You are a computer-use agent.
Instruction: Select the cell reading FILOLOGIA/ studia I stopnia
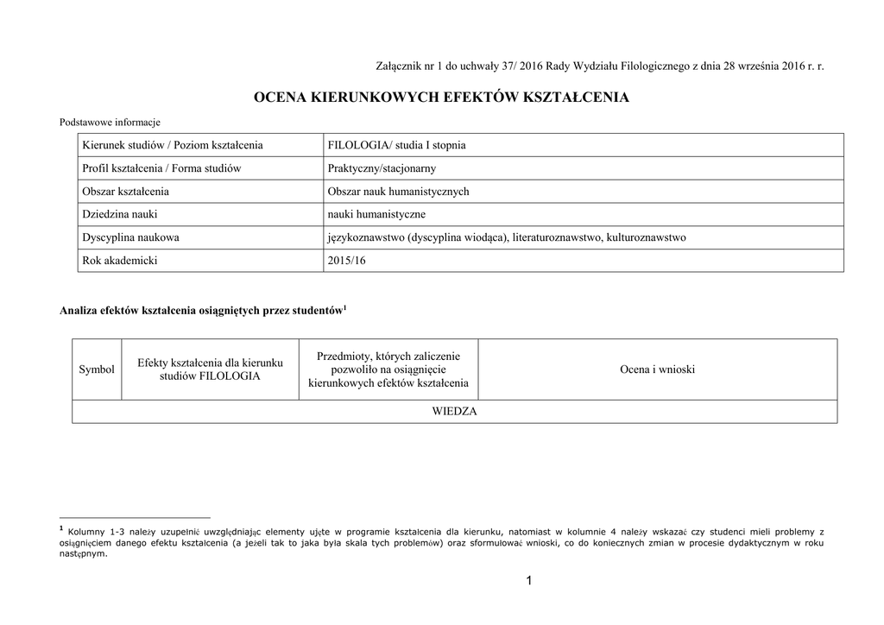tap(396, 145)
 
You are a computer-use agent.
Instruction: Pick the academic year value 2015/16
tap(348, 261)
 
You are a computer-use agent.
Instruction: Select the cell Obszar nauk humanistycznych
tap(398, 192)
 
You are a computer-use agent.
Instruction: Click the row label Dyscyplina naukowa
tap(130, 237)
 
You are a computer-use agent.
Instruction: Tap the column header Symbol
tap(97, 369)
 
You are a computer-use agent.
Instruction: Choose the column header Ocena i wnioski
tap(657, 369)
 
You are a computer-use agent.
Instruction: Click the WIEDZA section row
tap(454, 412)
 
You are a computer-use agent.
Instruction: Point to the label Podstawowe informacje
tap(110, 123)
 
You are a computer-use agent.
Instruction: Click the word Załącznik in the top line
tap(401, 66)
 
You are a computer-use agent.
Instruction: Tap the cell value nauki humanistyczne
tap(377, 214)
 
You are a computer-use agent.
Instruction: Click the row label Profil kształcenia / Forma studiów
tap(161, 168)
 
